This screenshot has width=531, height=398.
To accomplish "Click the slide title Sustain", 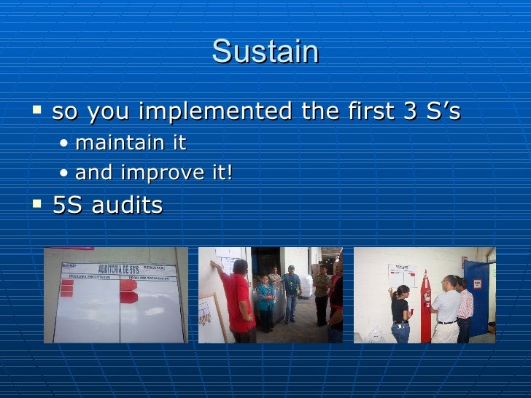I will click(x=265, y=52).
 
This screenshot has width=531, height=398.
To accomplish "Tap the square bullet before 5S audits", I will click(x=39, y=203).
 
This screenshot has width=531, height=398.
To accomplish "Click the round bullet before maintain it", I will click(x=66, y=144).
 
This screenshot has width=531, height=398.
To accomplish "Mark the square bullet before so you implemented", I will click(x=39, y=109).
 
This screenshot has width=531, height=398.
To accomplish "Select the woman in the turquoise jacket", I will click(x=265, y=299).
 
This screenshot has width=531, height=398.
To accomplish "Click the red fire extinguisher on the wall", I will click(x=426, y=306).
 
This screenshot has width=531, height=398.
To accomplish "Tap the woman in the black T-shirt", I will click(x=400, y=313).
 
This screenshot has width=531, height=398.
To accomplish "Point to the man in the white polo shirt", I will click(x=447, y=310).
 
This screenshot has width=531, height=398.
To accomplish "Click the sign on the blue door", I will click(x=478, y=284).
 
